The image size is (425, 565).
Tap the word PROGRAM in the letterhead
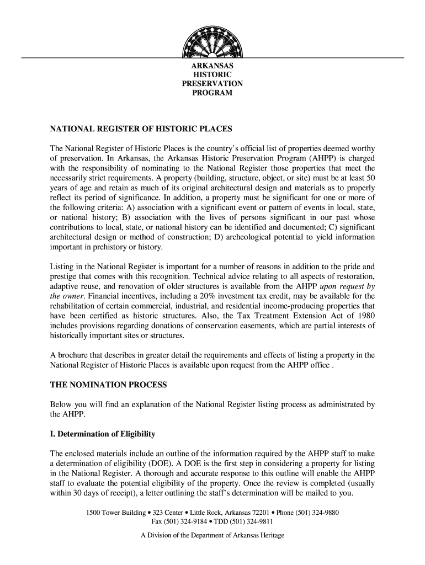(x=212, y=93)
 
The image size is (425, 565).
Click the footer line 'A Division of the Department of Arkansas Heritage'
(x=212, y=536)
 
